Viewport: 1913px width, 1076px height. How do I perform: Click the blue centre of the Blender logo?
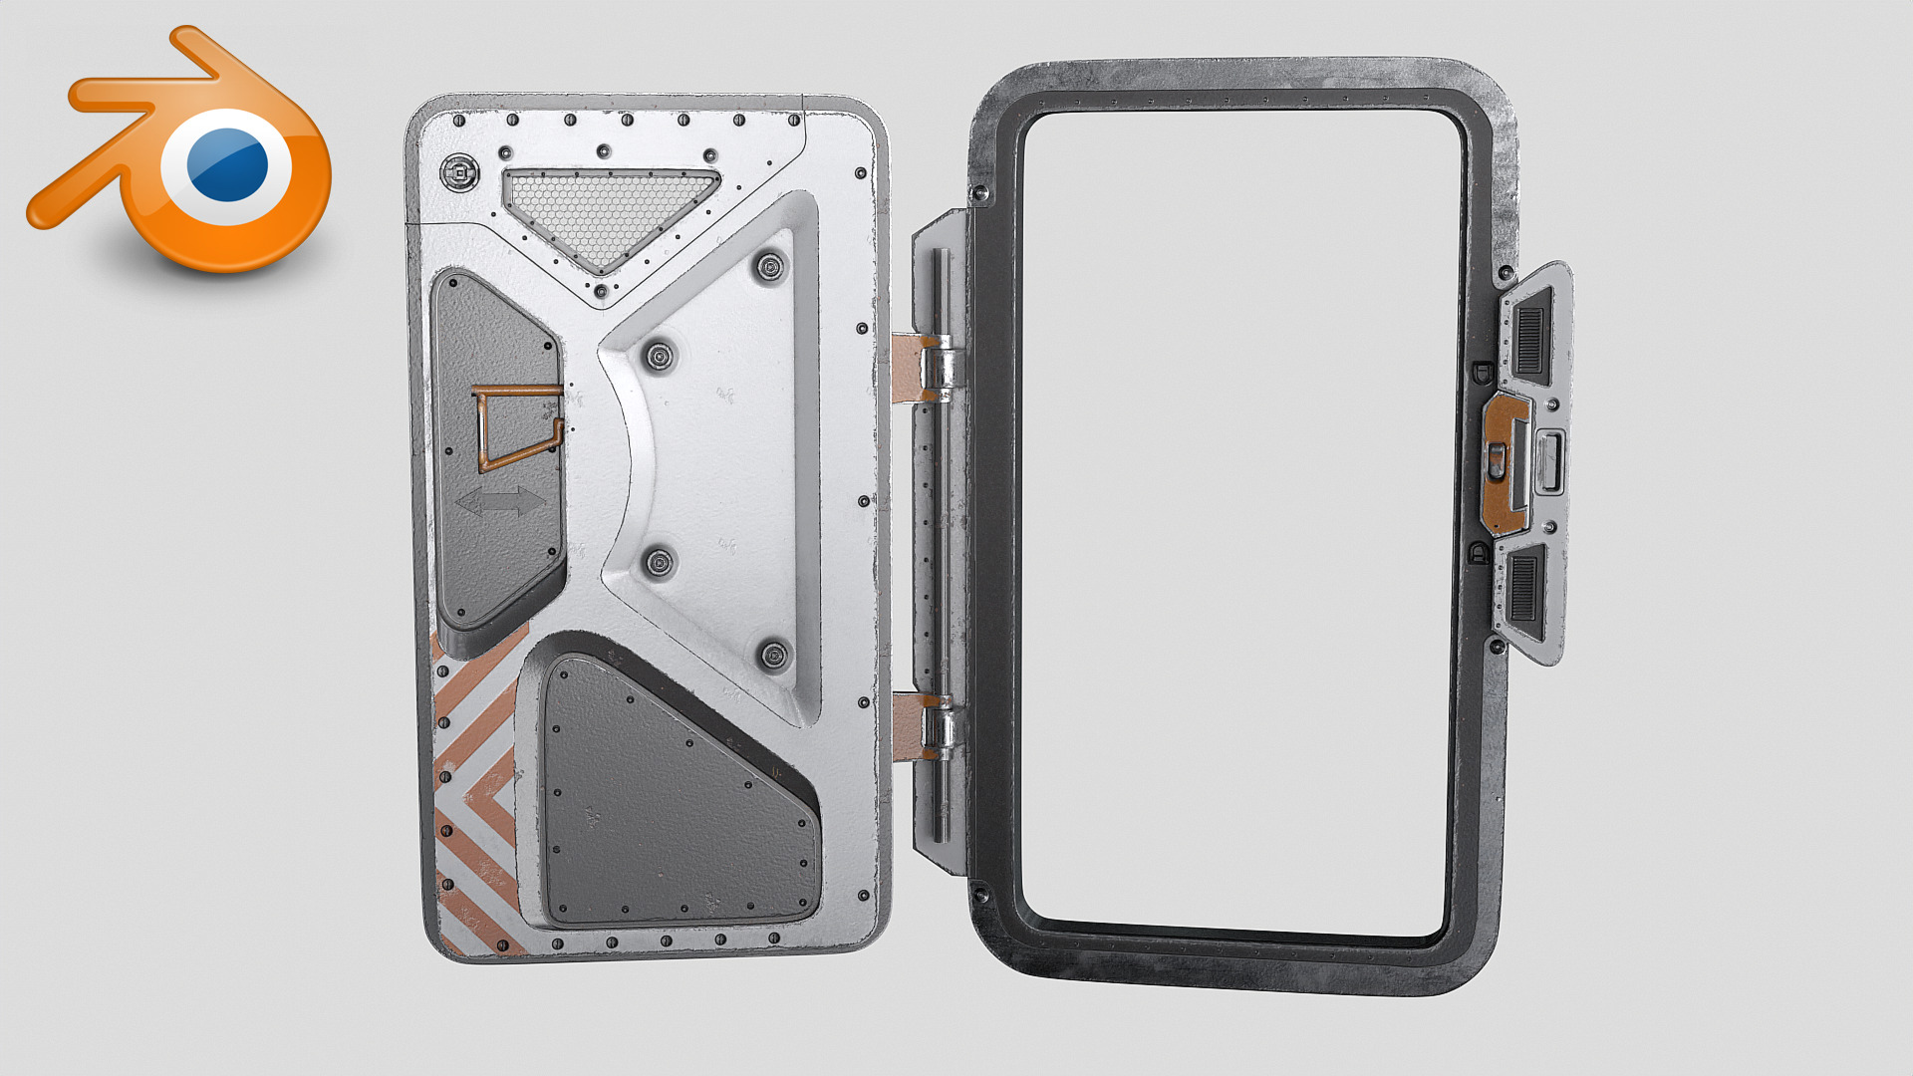(x=227, y=164)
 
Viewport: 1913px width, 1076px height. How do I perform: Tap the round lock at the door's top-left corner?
(x=458, y=174)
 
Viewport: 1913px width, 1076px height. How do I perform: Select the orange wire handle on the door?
(x=515, y=426)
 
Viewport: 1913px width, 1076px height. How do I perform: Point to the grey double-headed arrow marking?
(x=500, y=501)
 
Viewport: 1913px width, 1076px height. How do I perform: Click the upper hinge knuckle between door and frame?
(x=939, y=367)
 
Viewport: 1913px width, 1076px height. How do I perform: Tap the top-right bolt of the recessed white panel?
(x=769, y=267)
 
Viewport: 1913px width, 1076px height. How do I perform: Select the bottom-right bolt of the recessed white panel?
(x=773, y=655)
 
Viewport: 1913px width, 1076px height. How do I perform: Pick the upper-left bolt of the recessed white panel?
(x=659, y=356)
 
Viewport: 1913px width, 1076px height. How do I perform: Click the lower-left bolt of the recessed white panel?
(x=659, y=563)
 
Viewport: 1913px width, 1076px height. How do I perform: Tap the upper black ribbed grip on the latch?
(x=1529, y=336)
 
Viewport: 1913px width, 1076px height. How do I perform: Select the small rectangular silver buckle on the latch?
(x=1550, y=462)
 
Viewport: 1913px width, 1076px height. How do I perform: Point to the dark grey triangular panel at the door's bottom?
(x=668, y=797)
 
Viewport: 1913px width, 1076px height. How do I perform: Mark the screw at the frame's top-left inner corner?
(x=980, y=192)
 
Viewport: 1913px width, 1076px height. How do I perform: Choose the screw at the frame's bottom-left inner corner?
(x=980, y=894)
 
